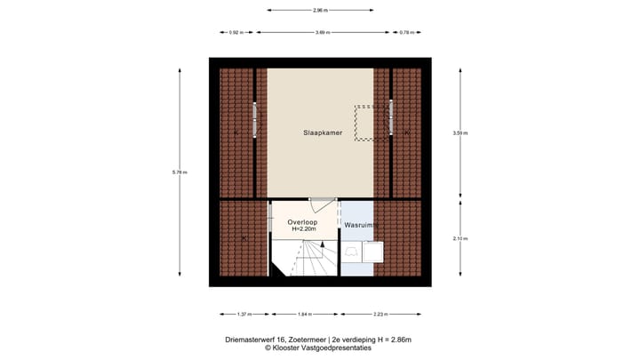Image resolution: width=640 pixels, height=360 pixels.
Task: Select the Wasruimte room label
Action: point(362,226)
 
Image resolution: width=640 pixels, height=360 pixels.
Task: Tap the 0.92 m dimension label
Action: point(235,32)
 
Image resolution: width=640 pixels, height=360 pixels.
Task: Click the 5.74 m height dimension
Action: point(182,172)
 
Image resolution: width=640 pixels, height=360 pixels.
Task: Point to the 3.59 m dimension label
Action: point(460,132)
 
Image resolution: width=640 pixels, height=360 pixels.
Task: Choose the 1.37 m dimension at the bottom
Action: point(243,314)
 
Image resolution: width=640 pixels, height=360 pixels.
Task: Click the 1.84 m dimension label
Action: point(305,314)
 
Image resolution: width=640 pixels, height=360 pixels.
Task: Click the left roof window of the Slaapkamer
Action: point(255,120)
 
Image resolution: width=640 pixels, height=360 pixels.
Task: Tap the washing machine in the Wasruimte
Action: point(374,252)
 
